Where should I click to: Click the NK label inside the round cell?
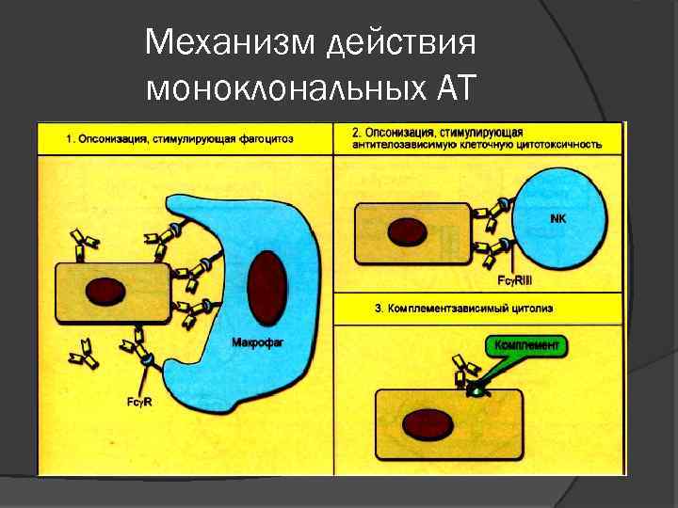click(557, 217)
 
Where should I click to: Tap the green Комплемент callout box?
click(526, 346)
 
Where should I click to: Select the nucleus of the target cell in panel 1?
click(105, 291)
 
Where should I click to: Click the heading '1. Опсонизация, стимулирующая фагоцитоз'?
click(180, 139)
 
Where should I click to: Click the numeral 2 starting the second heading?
click(354, 133)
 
